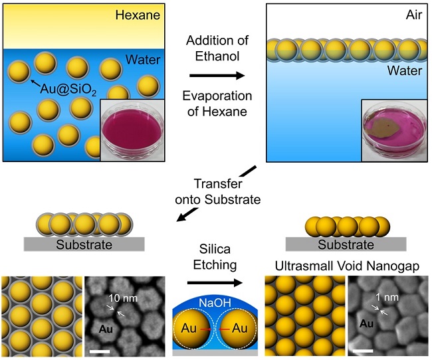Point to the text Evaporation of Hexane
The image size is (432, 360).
(x=215, y=103)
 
